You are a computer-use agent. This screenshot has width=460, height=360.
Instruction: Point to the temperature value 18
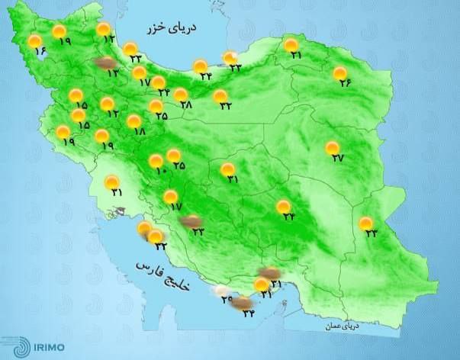tap(139, 131)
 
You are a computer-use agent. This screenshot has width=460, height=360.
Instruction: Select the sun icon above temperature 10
tap(156, 160)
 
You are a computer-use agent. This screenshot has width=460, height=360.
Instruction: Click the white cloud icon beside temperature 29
tap(221, 290)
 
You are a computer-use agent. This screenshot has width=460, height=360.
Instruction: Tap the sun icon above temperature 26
tap(339, 73)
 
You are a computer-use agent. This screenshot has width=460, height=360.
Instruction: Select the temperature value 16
tap(40, 53)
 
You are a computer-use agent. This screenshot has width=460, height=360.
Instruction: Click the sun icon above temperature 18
tap(134, 121)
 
